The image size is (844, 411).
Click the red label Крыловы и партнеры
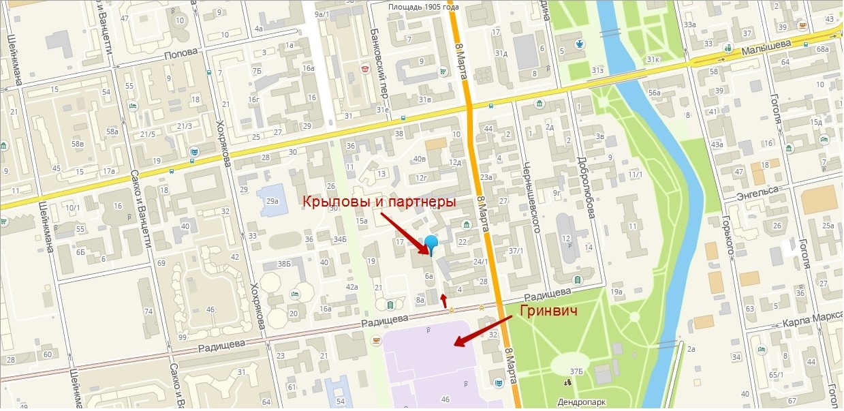(x=379, y=202)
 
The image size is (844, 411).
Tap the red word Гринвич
(x=548, y=312)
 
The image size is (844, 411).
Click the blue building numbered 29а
(x=272, y=202)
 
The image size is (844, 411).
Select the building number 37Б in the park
(x=577, y=371)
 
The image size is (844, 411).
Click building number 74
(x=148, y=311)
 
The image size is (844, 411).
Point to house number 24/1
(x=481, y=261)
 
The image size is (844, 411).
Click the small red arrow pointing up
(x=445, y=299)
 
